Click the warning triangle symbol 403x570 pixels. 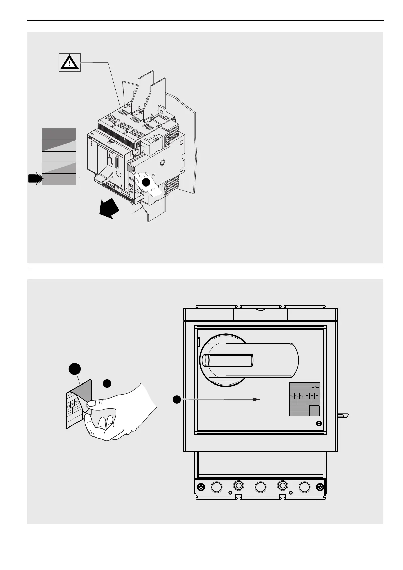pos(70,62)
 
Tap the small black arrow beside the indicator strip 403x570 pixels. pos(35,178)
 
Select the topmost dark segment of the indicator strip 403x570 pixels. pos(59,134)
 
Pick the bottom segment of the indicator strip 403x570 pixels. pos(59,180)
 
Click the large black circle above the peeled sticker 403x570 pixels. pos(74,369)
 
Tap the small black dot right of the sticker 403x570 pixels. pos(107,383)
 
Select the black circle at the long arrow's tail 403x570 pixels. pos(176,400)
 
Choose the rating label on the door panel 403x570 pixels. pos(304,400)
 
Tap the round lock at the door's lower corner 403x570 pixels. pos(318,423)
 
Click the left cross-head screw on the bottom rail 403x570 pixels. pos(201,487)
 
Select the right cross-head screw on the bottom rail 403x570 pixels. pos(320,487)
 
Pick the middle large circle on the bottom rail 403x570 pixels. pos(261,487)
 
